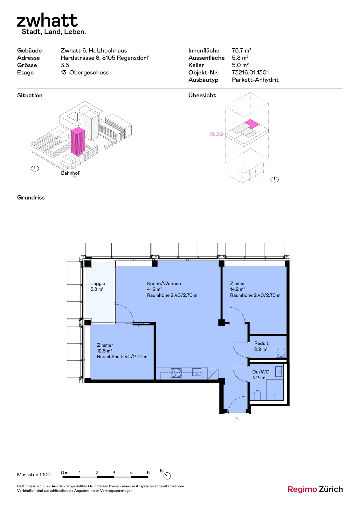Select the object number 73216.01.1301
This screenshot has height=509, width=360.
click(x=250, y=73)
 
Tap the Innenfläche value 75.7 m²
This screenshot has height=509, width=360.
click(x=241, y=51)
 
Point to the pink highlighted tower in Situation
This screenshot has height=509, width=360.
click(x=78, y=141)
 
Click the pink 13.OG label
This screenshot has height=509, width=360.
click(x=216, y=134)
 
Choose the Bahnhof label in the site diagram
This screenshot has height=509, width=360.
click(x=70, y=173)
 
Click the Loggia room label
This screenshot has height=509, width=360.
click(x=98, y=283)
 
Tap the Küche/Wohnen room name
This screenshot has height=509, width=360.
click(x=164, y=283)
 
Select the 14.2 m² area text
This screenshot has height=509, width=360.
click(x=237, y=289)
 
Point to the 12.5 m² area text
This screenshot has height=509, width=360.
click(x=104, y=351)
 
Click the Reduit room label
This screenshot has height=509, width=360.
click(x=261, y=343)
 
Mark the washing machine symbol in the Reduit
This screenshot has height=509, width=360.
click(x=281, y=352)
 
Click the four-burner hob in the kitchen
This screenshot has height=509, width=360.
click(x=176, y=373)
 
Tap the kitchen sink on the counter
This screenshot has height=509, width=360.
click(x=197, y=372)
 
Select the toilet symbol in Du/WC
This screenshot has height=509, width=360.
click(x=257, y=395)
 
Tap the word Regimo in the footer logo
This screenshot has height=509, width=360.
click(x=302, y=489)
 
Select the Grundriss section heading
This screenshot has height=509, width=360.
click(x=31, y=198)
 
